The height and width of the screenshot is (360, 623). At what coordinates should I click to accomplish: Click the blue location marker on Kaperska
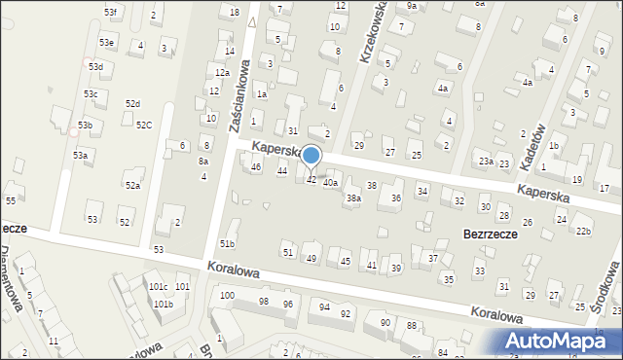[311, 156]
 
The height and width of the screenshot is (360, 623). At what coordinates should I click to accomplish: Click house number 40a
[331, 182]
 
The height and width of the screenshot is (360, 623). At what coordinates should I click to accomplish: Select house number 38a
[354, 198]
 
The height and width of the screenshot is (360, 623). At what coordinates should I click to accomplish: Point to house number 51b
[228, 243]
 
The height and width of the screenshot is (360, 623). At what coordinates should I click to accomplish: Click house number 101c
[157, 287]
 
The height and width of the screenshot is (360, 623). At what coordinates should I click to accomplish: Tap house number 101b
[163, 304]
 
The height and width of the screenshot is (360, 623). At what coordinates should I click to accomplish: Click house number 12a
[222, 73]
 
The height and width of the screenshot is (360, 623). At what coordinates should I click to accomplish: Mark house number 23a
[485, 161]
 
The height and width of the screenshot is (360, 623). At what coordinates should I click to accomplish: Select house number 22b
[583, 231]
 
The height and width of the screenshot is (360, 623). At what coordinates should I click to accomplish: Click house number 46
[256, 167]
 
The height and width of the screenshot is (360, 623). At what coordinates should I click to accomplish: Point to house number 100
[227, 295]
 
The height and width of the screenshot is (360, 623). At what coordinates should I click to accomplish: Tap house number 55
[10, 200]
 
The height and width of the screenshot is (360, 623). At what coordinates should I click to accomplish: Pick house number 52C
[143, 125]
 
